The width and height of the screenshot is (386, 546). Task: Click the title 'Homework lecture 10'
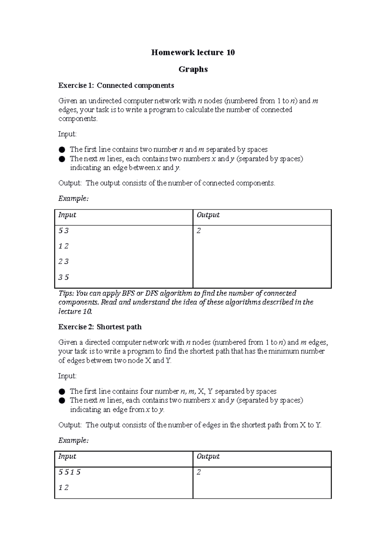pyautogui.click(x=193, y=52)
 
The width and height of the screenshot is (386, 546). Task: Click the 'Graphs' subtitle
pyautogui.click(x=193, y=69)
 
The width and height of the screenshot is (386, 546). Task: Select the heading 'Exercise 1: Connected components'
pyautogui.click(x=116, y=86)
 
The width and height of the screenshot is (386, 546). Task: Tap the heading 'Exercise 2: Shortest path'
pyautogui.click(x=100, y=327)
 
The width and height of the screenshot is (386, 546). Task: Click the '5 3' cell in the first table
pyautogui.click(x=63, y=231)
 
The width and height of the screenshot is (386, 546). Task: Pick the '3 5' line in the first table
pyautogui.click(x=63, y=277)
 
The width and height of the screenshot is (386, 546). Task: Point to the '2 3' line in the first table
pyautogui.click(x=63, y=261)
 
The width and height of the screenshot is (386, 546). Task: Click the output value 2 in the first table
pyautogui.click(x=199, y=231)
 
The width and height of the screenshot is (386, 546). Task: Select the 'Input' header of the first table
pyautogui.click(x=67, y=215)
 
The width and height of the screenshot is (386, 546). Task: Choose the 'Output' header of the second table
pyautogui.click(x=208, y=457)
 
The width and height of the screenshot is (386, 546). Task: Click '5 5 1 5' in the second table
pyautogui.click(x=69, y=472)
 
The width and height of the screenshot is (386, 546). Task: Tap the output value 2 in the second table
pyautogui.click(x=199, y=472)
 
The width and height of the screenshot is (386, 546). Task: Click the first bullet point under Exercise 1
pyautogui.click(x=62, y=150)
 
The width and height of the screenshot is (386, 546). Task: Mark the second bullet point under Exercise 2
pyautogui.click(x=62, y=401)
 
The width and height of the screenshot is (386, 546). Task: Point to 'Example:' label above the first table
pyautogui.click(x=73, y=199)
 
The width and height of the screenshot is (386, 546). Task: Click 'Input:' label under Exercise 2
pyautogui.click(x=67, y=376)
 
